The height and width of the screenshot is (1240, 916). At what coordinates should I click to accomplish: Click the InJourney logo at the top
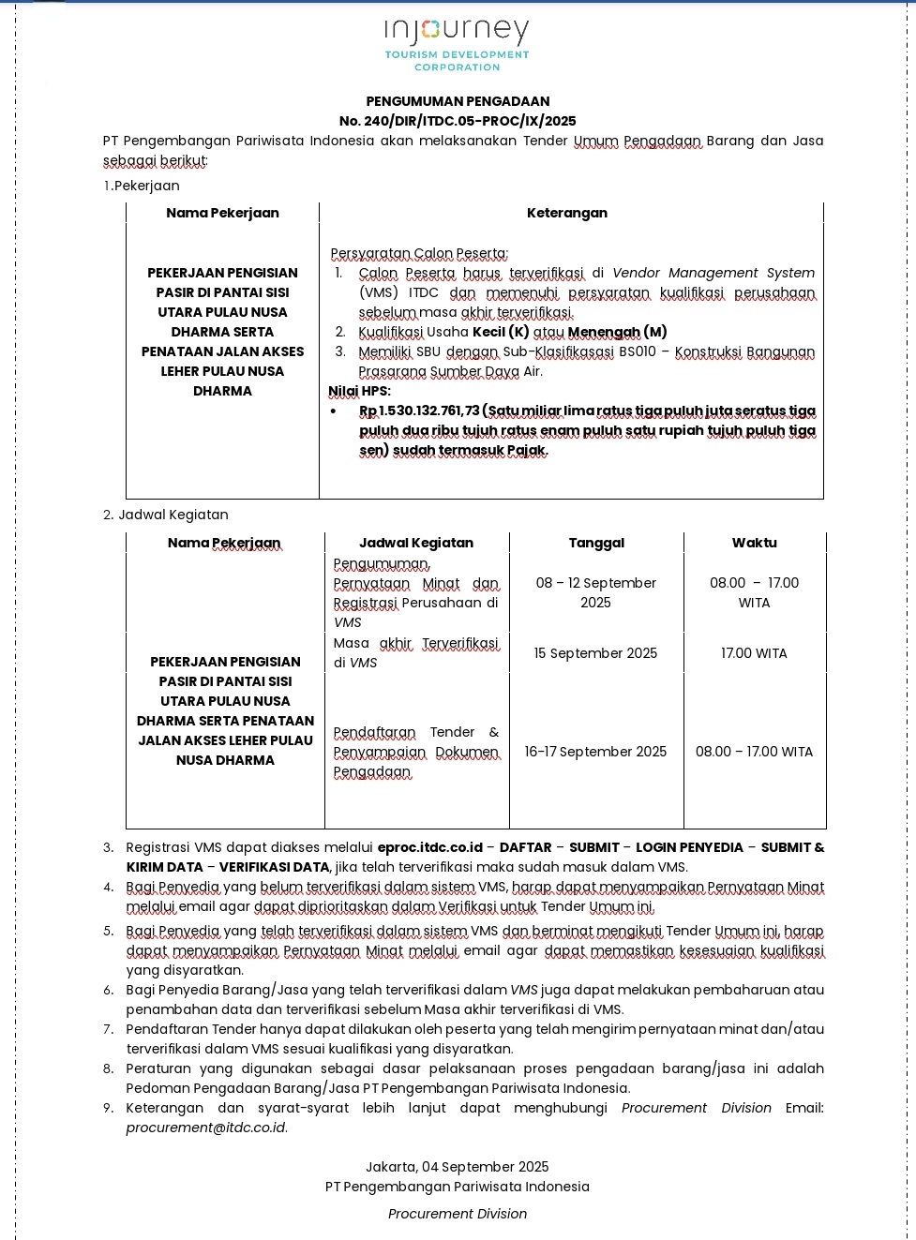coord(457,44)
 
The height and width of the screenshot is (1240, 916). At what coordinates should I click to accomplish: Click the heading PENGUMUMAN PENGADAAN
coord(458,101)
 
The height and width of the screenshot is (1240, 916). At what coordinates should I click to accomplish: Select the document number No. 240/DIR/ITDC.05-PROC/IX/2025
coord(458,121)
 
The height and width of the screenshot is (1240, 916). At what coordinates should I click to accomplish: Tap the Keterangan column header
coord(566,213)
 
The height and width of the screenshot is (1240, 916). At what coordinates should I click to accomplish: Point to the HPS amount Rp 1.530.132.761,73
coord(419,411)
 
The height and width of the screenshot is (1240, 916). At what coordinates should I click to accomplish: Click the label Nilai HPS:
coord(359,391)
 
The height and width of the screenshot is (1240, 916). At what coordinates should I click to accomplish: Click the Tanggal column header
coord(596,543)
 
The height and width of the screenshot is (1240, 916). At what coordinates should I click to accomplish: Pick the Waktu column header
coord(754,543)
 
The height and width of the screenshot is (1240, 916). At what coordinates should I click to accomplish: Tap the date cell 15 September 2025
coord(595,653)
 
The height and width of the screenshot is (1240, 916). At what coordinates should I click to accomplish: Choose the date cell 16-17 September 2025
coord(595,752)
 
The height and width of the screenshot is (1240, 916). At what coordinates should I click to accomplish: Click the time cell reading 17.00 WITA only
coord(754,653)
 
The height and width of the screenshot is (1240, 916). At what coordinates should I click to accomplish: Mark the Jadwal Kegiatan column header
coord(416,543)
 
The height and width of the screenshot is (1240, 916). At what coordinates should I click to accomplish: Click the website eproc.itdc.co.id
coord(429,847)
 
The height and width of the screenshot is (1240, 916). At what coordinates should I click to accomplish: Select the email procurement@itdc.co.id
coord(206,1128)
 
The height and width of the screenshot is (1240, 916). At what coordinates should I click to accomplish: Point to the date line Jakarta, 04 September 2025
coord(458,1167)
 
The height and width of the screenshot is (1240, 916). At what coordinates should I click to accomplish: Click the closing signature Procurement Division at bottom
coord(458,1214)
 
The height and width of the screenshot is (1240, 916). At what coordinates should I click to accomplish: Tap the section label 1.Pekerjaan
coord(142,186)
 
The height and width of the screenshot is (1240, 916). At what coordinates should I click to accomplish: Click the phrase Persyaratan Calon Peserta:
coord(419,253)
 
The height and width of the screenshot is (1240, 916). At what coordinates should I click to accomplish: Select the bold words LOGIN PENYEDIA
coord(689,847)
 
